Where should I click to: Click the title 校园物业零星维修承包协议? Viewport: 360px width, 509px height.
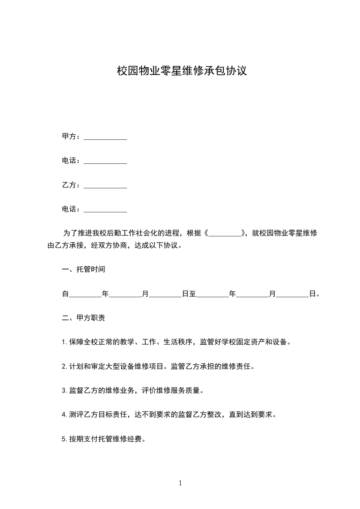point(182,71)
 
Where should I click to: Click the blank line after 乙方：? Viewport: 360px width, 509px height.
point(105,186)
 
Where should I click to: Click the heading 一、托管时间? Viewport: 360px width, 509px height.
point(84,269)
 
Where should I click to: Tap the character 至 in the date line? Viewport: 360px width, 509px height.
point(192,294)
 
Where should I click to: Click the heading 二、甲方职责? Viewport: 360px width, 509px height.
point(84,318)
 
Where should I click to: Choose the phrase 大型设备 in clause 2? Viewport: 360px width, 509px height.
point(120,366)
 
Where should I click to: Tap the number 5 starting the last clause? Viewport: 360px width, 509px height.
point(64,439)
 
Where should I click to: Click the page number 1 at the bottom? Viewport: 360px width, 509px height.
point(180,484)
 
